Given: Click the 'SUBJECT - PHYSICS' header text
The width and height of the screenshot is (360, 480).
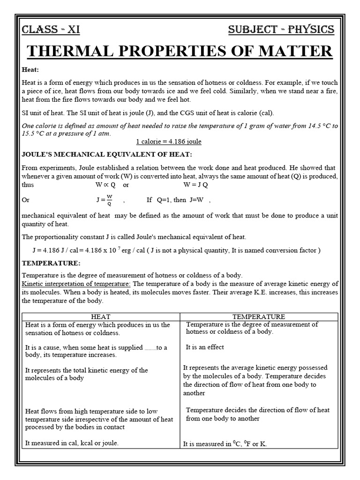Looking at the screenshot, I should pos(281,30).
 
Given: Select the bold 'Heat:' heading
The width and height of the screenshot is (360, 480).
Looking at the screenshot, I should pos(30,69).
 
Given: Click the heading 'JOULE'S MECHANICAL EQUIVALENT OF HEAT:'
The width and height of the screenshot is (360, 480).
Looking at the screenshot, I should pos(107,155).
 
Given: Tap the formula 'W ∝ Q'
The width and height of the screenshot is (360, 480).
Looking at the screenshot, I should pos(105,185).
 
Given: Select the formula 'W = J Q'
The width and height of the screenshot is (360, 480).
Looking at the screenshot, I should pos(195,185).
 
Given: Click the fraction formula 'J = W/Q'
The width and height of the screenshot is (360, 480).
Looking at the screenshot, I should pos(105,200).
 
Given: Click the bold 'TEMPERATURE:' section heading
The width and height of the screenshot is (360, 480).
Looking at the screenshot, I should pos(52,263).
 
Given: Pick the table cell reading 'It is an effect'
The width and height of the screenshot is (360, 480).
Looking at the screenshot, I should pos(205,347).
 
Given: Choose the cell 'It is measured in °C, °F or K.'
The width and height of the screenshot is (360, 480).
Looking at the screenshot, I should pos(225,443).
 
